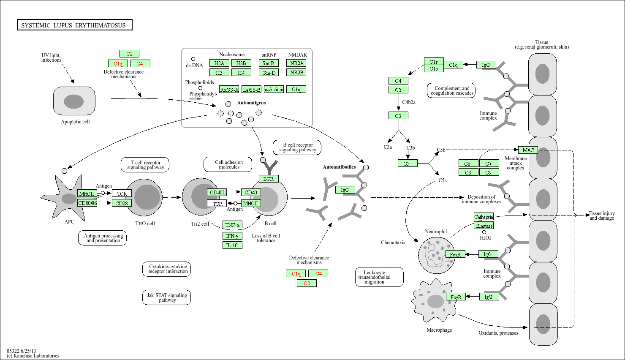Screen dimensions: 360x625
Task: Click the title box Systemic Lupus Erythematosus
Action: point(74,25)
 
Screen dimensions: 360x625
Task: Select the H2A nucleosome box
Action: point(219,63)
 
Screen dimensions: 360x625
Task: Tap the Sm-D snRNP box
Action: point(269,73)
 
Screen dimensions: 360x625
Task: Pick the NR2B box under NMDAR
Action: point(296,73)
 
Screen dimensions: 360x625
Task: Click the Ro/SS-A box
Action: point(229,90)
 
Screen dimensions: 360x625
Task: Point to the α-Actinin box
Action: point(274,90)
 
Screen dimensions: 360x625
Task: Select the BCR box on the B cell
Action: point(268,179)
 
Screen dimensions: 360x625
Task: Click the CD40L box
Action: point(217,193)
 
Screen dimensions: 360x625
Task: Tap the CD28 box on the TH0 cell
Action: point(122,203)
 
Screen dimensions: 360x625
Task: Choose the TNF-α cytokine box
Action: point(232,225)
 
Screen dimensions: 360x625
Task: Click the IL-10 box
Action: point(232,245)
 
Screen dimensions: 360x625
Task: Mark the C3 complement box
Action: point(398,116)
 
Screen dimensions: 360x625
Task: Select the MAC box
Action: point(528,150)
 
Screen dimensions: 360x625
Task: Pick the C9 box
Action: point(488,172)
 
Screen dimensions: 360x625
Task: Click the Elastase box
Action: point(484,226)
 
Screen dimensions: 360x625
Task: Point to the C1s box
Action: point(433,68)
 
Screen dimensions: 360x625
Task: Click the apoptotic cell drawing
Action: point(74,101)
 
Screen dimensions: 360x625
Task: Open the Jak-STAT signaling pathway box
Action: point(166,297)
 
